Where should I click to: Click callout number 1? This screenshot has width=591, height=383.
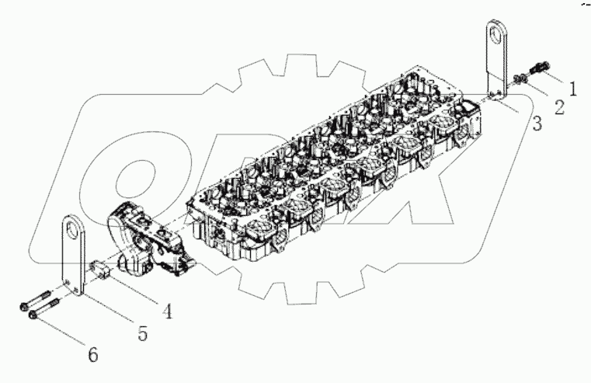572,89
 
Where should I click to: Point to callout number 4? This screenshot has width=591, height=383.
167,311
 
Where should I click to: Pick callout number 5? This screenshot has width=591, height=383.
142,332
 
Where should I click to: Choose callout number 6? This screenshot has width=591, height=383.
92,354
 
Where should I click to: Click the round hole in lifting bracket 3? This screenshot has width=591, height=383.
495,37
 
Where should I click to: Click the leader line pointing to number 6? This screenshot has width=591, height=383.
62,333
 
